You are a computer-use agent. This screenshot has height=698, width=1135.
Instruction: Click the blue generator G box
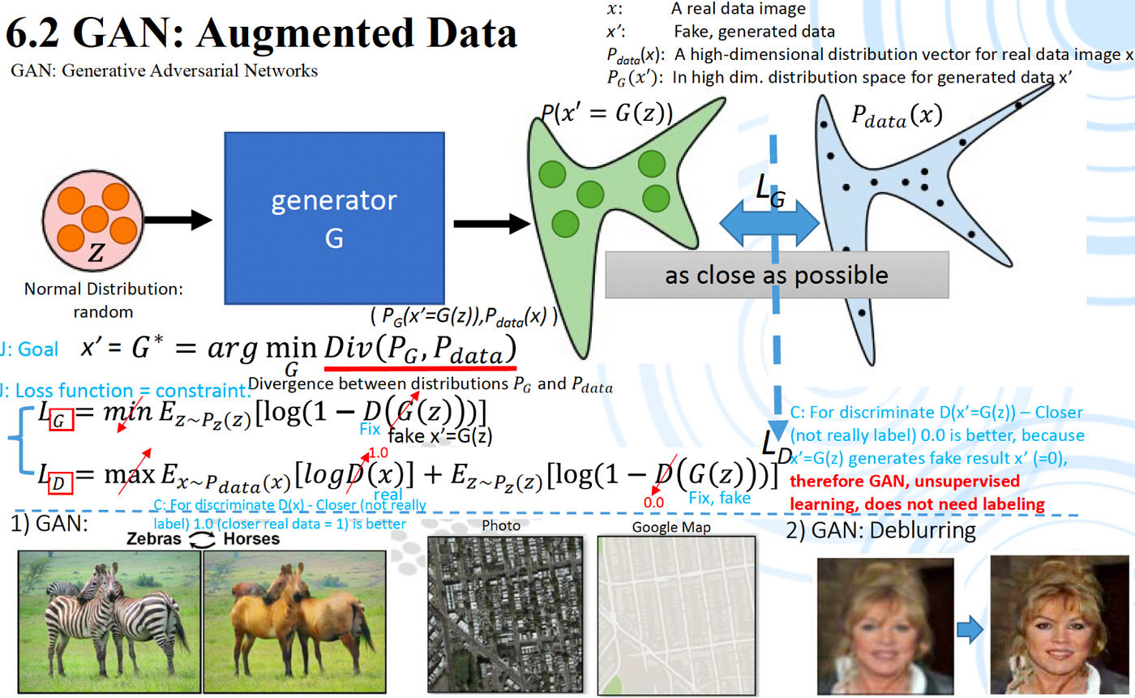click(x=334, y=218)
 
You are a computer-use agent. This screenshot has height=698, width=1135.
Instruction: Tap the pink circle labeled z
click(x=92, y=221)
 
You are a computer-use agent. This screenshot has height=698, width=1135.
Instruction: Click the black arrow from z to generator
click(x=178, y=220)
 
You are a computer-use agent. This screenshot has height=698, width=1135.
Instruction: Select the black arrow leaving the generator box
click(x=491, y=224)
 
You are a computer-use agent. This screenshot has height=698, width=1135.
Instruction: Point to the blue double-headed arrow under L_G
click(x=769, y=224)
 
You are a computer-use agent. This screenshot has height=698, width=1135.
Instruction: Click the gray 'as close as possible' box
click(x=777, y=275)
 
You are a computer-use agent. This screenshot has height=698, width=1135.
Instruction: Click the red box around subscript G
click(x=61, y=419)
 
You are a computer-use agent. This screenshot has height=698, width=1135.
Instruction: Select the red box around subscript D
click(x=60, y=482)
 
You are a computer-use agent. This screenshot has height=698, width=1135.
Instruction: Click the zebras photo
click(x=109, y=622)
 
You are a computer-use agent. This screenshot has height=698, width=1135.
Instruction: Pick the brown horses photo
click(x=294, y=622)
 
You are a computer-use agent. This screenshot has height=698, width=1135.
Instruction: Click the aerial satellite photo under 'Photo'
click(x=505, y=614)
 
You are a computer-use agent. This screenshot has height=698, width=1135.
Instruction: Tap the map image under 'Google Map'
click(x=676, y=615)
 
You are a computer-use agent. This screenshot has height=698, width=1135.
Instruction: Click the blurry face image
click(x=885, y=626)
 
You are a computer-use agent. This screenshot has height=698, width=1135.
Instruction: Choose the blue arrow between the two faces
click(x=970, y=630)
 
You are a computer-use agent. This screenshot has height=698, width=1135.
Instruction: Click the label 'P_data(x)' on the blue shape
click(x=897, y=117)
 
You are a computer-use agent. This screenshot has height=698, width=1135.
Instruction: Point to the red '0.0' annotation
click(x=653, y=503)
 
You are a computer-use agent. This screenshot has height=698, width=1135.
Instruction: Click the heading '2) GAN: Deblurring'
click(x=881, y=531)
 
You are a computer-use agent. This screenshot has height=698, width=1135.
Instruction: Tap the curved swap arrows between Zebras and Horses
click(x=202, y=539)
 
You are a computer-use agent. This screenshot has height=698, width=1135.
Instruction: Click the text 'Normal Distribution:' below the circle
click(x=104, y=289)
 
